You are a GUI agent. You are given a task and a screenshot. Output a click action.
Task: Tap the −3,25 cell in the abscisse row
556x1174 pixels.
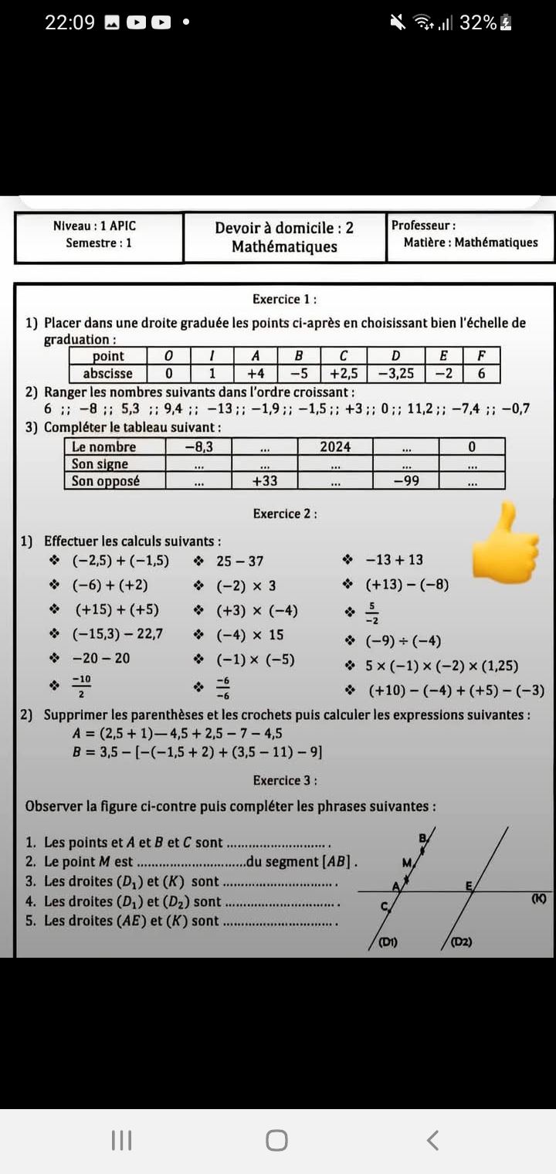coord(395,374)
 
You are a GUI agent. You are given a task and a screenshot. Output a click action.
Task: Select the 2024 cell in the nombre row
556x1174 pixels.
coord(335,446)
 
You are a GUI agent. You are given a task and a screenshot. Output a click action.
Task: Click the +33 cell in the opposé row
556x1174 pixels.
coord(265,480)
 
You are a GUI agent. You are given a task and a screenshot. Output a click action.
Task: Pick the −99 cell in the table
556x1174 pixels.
coord(405,480)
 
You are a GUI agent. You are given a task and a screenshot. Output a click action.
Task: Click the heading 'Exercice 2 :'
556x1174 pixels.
coord(285,514)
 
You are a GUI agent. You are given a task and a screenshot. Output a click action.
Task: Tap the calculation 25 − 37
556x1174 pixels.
coord(239,562)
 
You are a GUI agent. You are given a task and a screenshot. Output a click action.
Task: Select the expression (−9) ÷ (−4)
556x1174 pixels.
coord(403,641)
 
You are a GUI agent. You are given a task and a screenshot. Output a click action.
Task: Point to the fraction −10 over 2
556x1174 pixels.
coord(81,684)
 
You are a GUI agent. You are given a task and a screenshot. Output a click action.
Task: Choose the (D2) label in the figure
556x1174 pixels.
coord(462,942)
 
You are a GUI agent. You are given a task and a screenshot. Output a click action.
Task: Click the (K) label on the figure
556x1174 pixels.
coord(539,898)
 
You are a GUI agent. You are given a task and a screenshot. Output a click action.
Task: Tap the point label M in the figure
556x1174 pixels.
coord(406,861)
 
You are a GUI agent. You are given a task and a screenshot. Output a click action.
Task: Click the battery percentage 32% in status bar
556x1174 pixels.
coord(478,23)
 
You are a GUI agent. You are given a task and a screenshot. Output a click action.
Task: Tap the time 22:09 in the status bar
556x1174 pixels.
coord(69,23)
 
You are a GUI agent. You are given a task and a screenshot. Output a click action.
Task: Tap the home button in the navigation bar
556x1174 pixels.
coord(277,1140)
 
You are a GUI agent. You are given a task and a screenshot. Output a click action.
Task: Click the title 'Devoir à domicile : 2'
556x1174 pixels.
coord(284,228)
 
